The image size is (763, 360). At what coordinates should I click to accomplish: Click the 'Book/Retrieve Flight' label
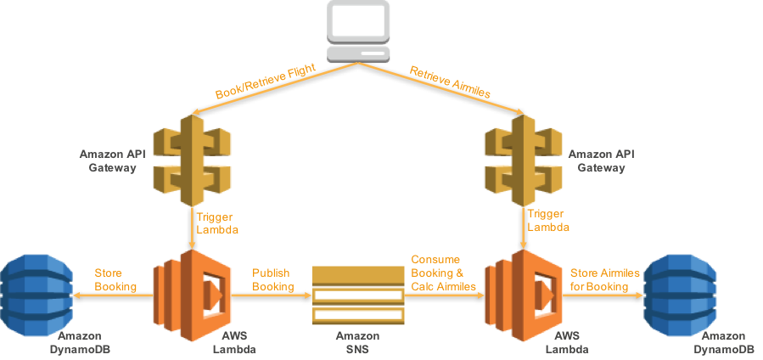pyautogui.click(x=265, y=82)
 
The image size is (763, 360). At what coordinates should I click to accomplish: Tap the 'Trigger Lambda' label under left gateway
pyautogui.click(x=213, y=222)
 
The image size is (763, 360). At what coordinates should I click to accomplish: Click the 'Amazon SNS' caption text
pyautogui.click(x=357, y=343)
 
